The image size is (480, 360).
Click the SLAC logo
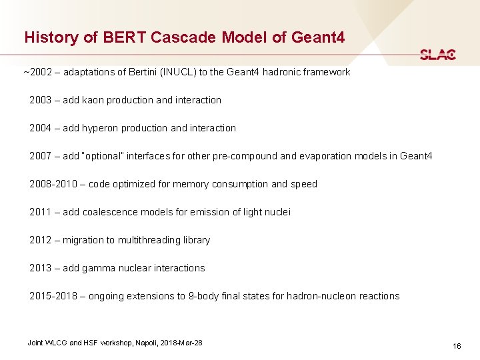438,55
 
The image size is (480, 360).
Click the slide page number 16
457,346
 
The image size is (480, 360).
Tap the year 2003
41,100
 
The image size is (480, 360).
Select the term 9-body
205,296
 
